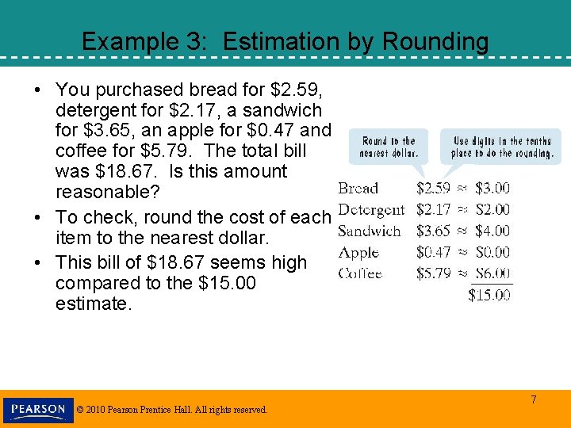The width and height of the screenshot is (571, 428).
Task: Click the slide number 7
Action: click(534, 400)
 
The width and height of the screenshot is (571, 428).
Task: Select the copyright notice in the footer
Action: click(172, 410)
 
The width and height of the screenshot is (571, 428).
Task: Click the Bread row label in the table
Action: click(358, 189)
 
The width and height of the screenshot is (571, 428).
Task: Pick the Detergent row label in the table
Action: click(370, 210)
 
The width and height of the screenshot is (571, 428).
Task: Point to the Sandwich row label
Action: click(369, 231)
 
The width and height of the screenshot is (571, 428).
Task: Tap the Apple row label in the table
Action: click(358, 253)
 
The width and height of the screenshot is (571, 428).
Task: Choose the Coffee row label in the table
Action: click(360, 273)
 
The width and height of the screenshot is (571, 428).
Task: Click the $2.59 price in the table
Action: click(433, 189)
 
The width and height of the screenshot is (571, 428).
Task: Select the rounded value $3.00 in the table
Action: click(492, 189)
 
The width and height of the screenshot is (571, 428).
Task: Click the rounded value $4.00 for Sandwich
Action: click(492, 231)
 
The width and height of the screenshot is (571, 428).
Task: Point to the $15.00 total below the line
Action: click(489, 295)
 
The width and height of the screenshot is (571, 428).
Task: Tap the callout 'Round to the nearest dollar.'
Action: click(388, 147)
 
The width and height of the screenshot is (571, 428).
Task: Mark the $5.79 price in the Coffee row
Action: click(433, 273)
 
